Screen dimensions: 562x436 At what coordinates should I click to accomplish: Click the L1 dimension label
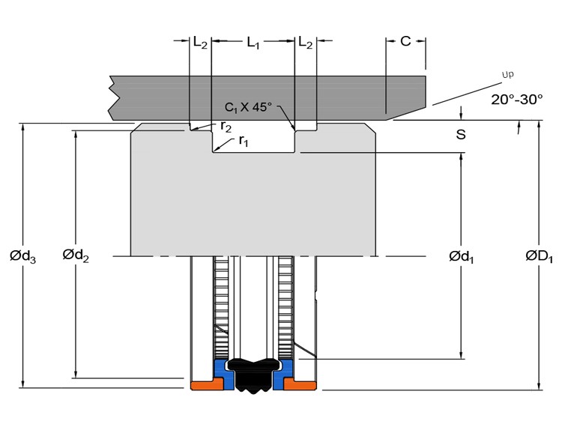[x=253, y=43]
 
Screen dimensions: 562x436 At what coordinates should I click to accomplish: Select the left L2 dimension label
[x=200, y=43]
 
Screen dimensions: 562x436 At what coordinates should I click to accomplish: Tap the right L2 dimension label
[x=306, y=43]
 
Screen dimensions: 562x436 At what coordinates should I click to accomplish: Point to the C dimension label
[x=405, y=41]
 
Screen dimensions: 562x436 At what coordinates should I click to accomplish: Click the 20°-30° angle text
[x=516, y=99]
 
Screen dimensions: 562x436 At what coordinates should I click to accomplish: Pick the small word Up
[x=507, y=74]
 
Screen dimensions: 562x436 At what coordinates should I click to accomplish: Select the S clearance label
[x=461, y=134]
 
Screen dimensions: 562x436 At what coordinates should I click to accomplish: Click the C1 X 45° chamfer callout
[x=248, y=107]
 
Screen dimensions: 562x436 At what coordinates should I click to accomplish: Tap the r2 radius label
[x=226, y=127]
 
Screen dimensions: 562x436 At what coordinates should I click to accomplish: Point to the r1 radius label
[x=244, y=141]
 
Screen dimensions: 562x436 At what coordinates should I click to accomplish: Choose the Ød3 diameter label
[x=23, y=256]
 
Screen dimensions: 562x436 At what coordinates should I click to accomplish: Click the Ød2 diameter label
[x=76, y=255]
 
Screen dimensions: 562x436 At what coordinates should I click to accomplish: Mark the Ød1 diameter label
[x=462, y=257]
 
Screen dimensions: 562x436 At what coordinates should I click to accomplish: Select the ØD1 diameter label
[x=539, y=256]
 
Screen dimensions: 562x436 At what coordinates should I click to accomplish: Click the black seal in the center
[x=254, y=375]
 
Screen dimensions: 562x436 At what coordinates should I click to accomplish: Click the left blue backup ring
[x=223, y=372]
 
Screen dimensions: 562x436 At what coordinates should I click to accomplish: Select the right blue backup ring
[x=283, y=372]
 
